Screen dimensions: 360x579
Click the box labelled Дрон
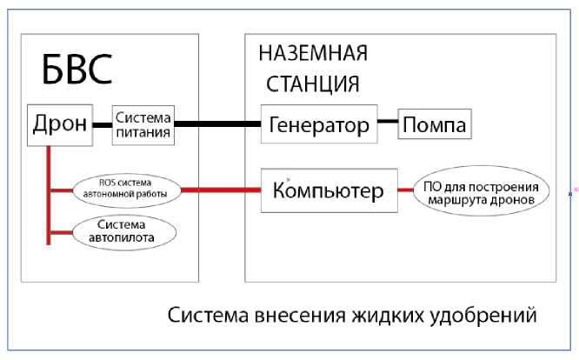click(59, 124)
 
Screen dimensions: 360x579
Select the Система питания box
click(144, 125)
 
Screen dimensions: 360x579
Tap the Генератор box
click(320, 125)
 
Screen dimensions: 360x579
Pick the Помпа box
click(434, 125)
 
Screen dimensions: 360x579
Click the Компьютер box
click(329, 190)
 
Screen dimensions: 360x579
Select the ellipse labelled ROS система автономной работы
click(126, 190)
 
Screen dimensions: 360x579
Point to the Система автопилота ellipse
click(126, 230)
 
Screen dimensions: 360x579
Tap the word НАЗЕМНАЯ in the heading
click(314, 53)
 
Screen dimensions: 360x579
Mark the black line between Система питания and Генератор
click(218, 125)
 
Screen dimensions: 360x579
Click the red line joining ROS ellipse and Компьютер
click(221, 190)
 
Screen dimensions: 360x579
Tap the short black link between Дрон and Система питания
click(101, 125)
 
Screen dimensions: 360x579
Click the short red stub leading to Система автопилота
click(62, 231)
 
